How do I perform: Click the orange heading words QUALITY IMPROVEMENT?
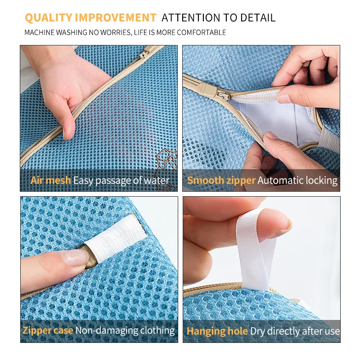pyautogui.click(x=91, y=18)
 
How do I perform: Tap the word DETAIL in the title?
pyautogui.click(x=258, y=18)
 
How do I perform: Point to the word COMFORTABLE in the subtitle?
pyautogui.click(x=202, y=32)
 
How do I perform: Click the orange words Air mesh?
pyautogui.click(x=50, y=180)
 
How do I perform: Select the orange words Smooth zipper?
pyautogui.click(x=221, y=180)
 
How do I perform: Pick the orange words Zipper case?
pyautogui.click(x=48, y=330)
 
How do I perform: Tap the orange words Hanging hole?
pyautogui.click(x=217, y=331)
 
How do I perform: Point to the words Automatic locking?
pyautogui.click(x=297, y=180)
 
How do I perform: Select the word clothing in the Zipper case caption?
pyautogui.click(x=157, y=331)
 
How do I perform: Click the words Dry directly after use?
pyautogui.click(x=295, y=331)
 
